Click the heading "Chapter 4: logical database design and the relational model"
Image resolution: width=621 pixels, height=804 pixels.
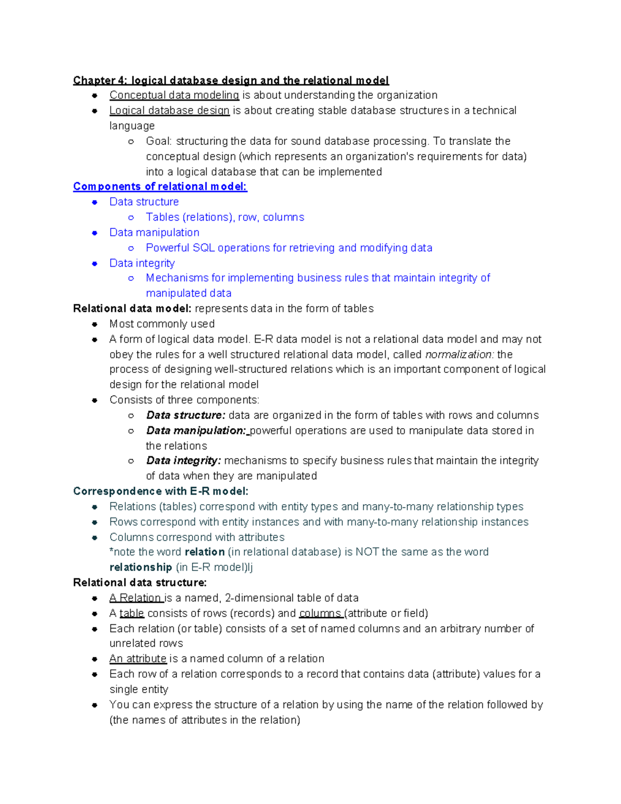(x=231, y=80)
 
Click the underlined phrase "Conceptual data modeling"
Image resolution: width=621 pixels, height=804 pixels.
(x=174, y=95)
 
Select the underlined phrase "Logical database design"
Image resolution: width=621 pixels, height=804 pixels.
(x=169, y=111)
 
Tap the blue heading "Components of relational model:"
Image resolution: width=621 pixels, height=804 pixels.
(x=160, y=186)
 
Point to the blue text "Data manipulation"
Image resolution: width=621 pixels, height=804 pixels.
(x=154, y=232)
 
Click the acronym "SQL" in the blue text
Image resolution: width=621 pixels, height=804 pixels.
(x=203, y=248)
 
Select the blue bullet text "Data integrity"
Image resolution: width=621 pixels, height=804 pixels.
(x=142, y=263)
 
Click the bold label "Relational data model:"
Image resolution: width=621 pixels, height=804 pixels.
(x=132, y=309)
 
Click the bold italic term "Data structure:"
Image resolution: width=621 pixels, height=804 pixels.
(x=185, y=415)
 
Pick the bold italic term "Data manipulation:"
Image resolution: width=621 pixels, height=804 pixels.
(x=196, y=431)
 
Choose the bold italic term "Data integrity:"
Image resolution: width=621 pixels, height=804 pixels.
(x=183, y=461)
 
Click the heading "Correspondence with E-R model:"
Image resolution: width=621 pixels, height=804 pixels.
(x=160, y=491)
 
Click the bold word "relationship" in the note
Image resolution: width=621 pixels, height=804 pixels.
(x=141, y=567)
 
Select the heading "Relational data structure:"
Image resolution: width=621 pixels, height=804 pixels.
(x=140, y=582)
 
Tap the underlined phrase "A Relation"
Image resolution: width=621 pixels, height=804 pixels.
(x=136, y=598)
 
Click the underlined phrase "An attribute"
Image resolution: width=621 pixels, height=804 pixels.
(x=138, y=659)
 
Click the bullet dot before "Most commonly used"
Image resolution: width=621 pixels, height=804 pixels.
(x=95, y=325)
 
